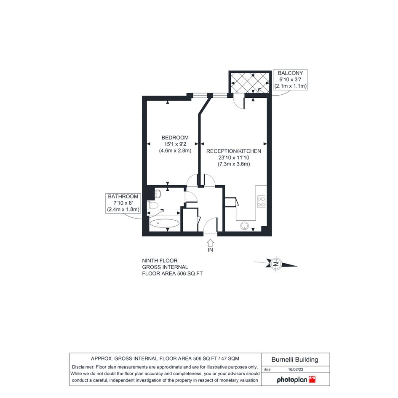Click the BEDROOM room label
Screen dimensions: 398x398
pos(175,138)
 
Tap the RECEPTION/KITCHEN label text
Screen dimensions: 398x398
pos(233,151)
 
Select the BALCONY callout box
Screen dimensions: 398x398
pos(290,80)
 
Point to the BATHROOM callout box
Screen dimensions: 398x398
pos(123,203)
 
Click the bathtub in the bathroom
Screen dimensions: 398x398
pos(165,223)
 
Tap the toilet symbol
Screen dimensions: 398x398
pos(153,205)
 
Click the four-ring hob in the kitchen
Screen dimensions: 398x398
pos(261,202)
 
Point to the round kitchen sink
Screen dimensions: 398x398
pos(245,226)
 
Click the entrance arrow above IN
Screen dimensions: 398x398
pos(210,243)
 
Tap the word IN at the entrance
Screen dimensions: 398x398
pos(211,250)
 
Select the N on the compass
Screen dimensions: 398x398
pos(276,264)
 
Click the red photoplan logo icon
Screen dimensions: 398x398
pos(312,379)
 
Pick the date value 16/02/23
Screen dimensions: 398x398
pos(296,369)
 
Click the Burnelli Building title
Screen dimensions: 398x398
pos(295,360)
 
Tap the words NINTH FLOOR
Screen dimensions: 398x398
pos(160,261)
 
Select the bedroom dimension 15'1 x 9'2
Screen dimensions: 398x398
pos(175,144)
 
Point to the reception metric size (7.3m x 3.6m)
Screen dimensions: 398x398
pos(234,164)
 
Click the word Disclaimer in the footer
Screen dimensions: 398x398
pos(83,367)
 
